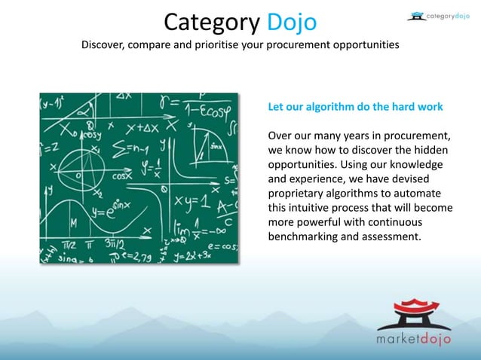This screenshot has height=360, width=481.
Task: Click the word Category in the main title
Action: pyautogui.click(x=213, y=21)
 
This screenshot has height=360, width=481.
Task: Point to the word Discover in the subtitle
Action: pyautogui.click(x=103, y=45)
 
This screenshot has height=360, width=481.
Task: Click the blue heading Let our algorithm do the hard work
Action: pyautogui.click(x=355, y=107)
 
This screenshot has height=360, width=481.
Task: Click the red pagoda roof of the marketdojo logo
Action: pyautogui.click(x=413, y=307)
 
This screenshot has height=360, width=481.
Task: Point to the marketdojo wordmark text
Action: pyautogui.click(x=414, y=337)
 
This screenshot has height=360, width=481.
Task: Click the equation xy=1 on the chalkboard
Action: pyautogui.click(x=191, y=201)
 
